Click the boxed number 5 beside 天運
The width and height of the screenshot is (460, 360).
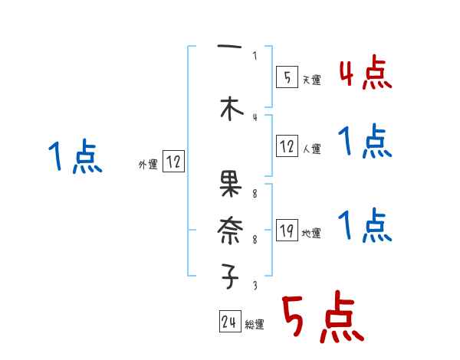coord(286,77)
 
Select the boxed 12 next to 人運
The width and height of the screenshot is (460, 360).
coord(286,146)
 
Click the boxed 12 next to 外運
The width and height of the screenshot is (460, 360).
coord(173,162)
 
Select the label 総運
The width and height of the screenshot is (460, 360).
coord(255,325)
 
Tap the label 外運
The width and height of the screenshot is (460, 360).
coord(147,164)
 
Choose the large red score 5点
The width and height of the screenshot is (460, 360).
coord(321,319)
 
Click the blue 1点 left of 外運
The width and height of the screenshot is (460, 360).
coord(74,158)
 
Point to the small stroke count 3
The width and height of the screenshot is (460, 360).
coord(255,286)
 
